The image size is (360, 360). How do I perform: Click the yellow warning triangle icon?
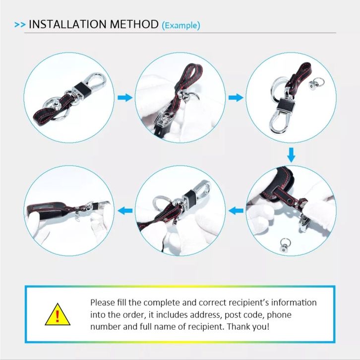click(x=58, y=314)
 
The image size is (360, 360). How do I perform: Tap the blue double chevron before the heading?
click(x=20, y=25)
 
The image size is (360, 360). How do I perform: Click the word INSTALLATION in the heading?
click(x=67, y=24)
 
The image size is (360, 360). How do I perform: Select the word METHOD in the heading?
click(x=134, y=24)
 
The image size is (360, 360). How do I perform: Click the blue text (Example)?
click(x=181, y=25)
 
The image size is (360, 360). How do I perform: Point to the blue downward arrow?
click(x=291, y=155)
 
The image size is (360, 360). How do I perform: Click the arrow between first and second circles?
click(x=125, y=98)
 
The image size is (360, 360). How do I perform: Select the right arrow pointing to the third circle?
click(x=236, y=98)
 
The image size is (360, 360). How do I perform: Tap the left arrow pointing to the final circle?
click(x=125, y=211)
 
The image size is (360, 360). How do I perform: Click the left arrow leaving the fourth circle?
click(x=236, y=211)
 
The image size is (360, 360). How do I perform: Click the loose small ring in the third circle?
click(x=317, y=83)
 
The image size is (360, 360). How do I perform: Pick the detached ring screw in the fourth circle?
click(x=286, y=245)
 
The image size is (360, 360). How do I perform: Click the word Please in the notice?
click(x=103, y=302)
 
